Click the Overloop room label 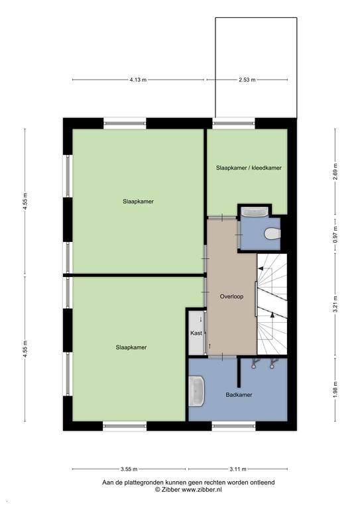(x=231, y=296)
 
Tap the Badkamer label (x=239, y=395)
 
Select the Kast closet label (x=196, y=333)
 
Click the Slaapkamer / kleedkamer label (x=249, y=168)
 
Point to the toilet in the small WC (x=272, y=234)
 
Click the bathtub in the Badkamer (x=197, y=391)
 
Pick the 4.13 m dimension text (x=138, y=80)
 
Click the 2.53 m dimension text (x=247, y=80)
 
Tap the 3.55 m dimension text (x=129, y=469)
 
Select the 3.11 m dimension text (x=238, y=469)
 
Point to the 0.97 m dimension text (x=335, y=235)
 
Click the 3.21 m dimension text (x=335, y=304)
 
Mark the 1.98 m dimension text (x=335, y=389)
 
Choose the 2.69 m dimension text (x=335, y=172)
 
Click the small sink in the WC (x=255, y=212)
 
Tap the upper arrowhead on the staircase (x=261, y=268)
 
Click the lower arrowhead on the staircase (x=272, y=314)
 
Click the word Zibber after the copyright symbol (x=171, y=490)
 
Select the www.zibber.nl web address (x=202, y=490)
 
